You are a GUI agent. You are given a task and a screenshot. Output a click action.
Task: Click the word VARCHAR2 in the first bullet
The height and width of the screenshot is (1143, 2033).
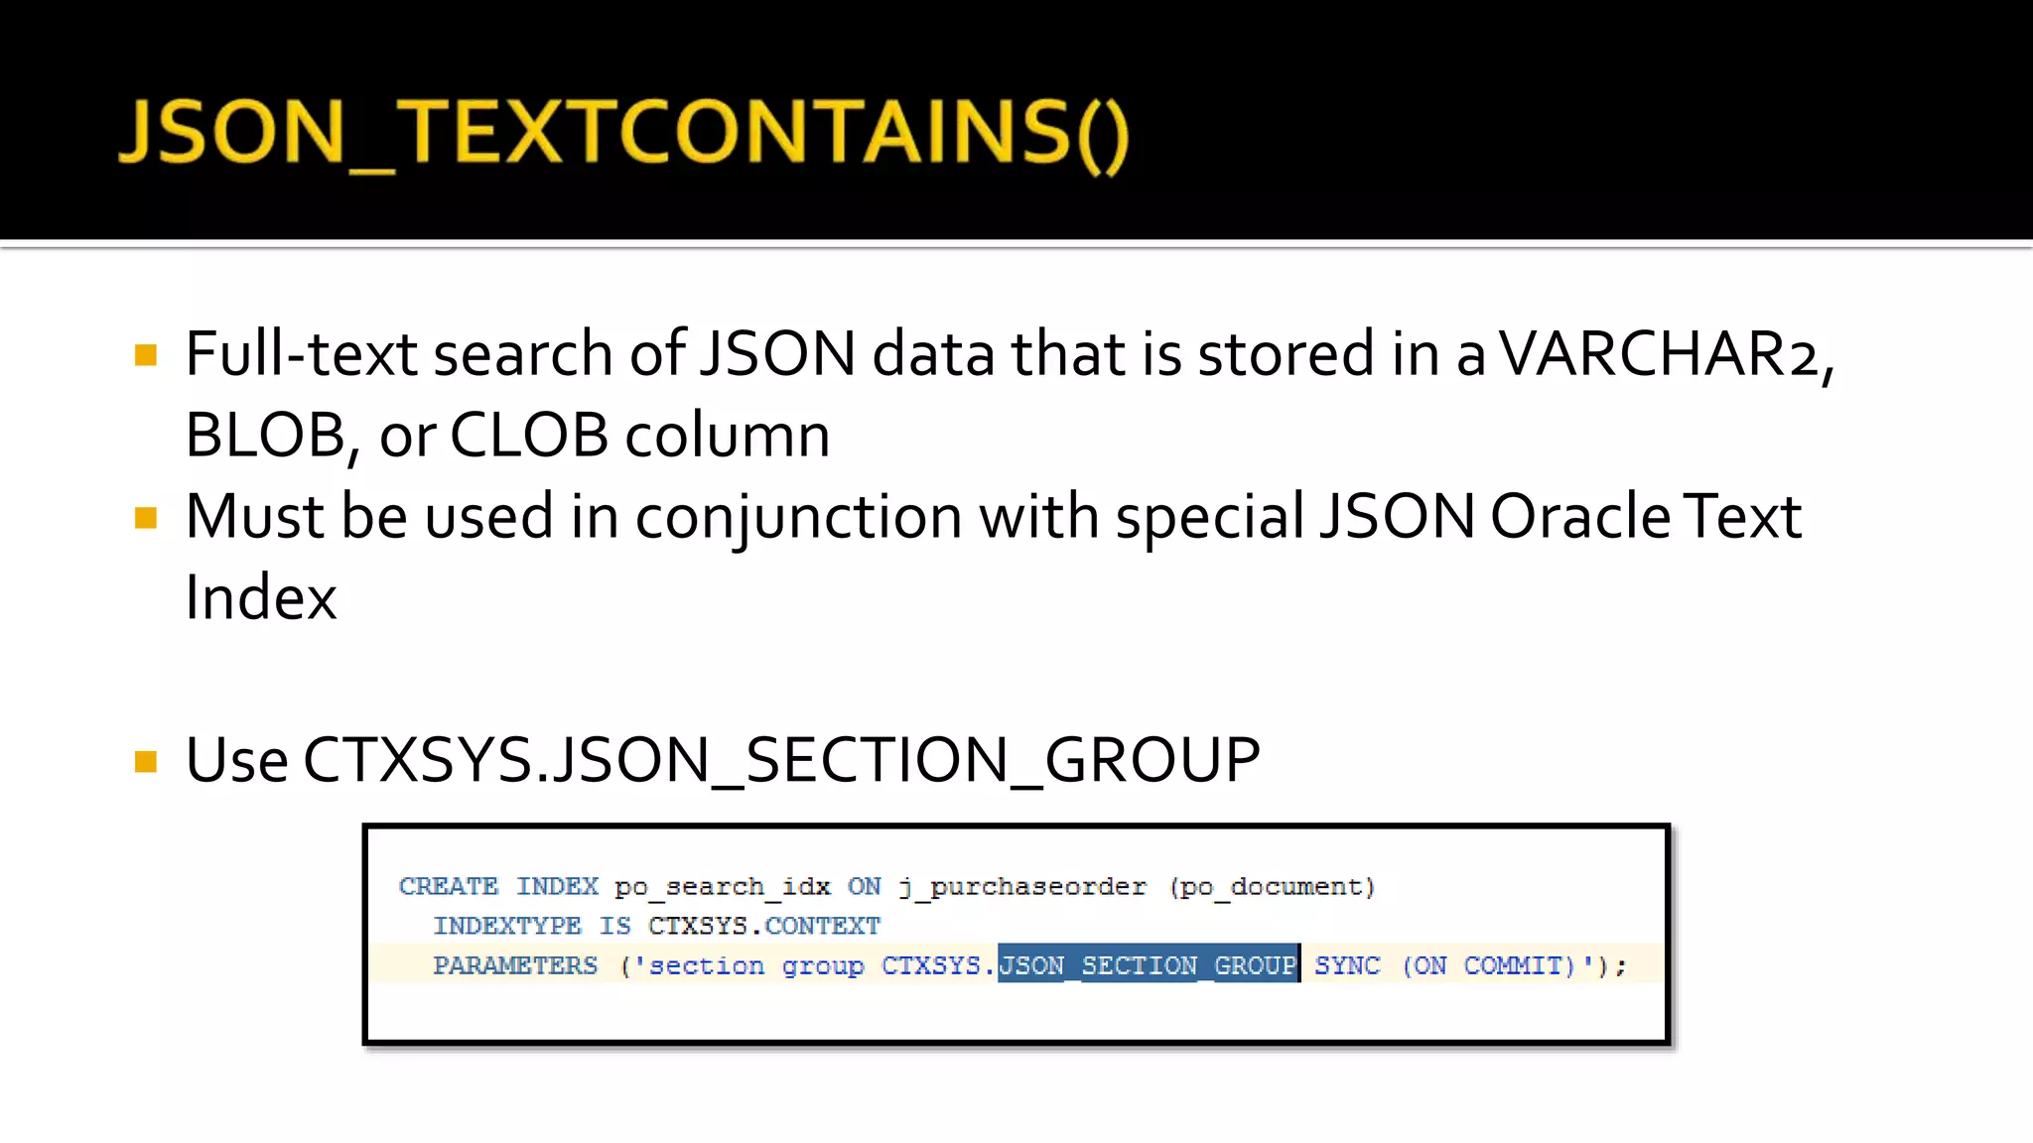(1660, 354)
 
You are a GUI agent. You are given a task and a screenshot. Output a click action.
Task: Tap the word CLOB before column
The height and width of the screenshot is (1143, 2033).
(528, 436)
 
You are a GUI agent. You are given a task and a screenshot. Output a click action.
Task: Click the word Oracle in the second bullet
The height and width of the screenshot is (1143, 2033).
(1580, 517)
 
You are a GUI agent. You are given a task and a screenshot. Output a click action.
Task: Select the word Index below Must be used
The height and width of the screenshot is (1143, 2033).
(261, 598)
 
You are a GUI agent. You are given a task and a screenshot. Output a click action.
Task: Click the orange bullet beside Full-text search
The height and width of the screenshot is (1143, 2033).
(146, 355)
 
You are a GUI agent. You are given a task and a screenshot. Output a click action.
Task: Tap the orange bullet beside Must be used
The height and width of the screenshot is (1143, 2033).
(146, 518)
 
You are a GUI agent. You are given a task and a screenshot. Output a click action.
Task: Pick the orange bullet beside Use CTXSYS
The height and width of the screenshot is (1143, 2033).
(146, 761)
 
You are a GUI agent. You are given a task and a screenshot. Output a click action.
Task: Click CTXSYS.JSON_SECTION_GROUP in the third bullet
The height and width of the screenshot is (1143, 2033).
(781, 761)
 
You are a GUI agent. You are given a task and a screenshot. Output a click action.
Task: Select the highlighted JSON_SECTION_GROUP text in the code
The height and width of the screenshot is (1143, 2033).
(1149, 964)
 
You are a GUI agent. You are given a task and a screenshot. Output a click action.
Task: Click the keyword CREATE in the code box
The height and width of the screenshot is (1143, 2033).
(449, 886)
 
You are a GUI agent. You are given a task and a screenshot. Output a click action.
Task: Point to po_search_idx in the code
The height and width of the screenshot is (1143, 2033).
(722, 886)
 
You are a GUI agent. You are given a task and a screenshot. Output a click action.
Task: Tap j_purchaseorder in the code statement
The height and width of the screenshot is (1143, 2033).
(1022, 886)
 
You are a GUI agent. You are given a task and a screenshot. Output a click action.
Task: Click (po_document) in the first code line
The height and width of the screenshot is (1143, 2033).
(1272, 886)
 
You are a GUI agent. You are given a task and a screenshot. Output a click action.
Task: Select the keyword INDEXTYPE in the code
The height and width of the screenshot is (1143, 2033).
(507, 926)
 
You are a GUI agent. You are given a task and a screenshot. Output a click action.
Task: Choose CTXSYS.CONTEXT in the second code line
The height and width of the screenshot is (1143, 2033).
(764, 926)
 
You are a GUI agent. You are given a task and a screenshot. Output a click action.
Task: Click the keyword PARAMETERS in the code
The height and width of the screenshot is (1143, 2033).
(515, 965)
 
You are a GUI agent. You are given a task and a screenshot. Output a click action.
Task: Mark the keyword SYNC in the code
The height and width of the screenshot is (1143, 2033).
(1347, 965)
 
